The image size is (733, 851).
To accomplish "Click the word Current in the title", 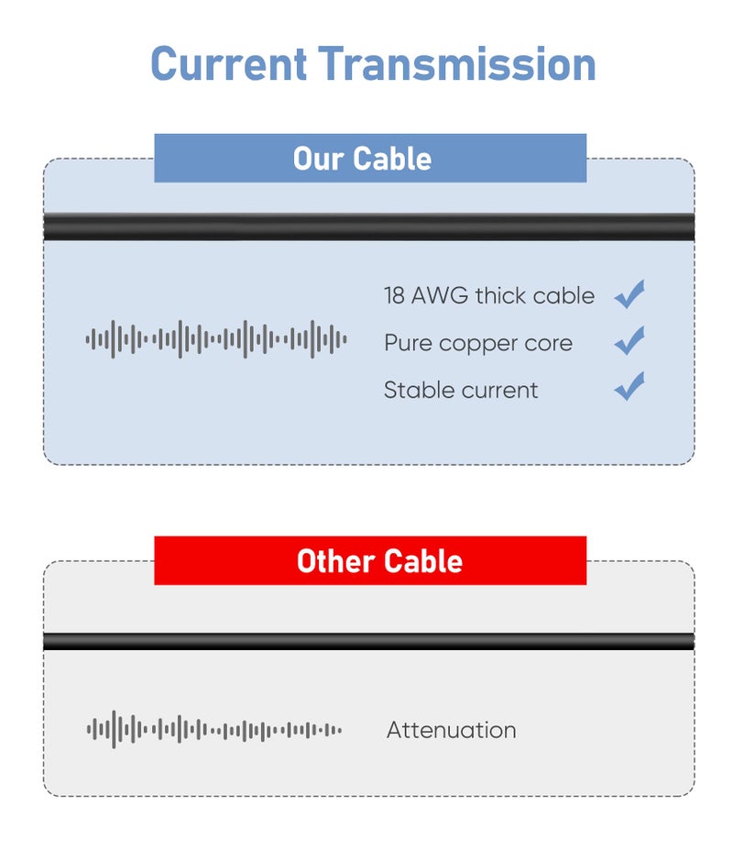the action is (229, 64).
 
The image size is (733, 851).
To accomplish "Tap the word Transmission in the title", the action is (456, 64).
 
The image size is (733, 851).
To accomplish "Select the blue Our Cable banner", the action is (370, 158).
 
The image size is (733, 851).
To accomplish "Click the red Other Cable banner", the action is (370, 560).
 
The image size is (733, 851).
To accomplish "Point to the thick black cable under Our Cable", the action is (368, 227).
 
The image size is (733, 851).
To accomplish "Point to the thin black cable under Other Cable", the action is (368, 641).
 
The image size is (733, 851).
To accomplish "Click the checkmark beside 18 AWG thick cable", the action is (629, 294).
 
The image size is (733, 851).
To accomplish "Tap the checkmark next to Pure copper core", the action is (629, 341).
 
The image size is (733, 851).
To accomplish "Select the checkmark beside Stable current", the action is (629, 386).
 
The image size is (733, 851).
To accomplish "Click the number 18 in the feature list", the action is (394, 296).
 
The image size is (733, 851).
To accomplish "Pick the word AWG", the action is (440, 296).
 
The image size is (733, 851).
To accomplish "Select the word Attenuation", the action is (452, 730).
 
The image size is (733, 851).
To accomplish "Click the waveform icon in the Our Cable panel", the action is (216, 339).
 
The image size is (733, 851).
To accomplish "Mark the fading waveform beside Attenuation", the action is (214, 730).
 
